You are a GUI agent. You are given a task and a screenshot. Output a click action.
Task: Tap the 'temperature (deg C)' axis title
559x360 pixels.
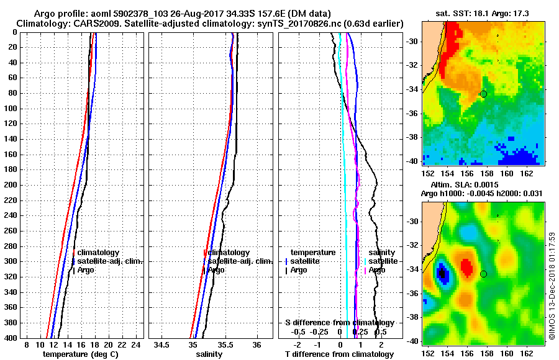pos(80,354)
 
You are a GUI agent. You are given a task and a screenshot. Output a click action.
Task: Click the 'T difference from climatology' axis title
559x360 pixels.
pos(339,354)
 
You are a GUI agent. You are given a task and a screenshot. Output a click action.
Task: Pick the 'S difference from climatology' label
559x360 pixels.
pos(339,323)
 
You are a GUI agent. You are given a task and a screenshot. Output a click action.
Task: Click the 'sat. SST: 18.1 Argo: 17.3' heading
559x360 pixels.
pos(482,14)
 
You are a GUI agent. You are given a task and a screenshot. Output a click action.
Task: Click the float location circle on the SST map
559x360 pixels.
pos(483,94)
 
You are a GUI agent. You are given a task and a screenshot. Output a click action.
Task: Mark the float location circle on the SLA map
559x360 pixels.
pos(483,274)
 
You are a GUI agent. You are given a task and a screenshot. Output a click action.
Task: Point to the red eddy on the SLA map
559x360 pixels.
pos(466,266)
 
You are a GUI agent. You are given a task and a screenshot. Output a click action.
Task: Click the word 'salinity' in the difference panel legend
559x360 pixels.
pos(381,253)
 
